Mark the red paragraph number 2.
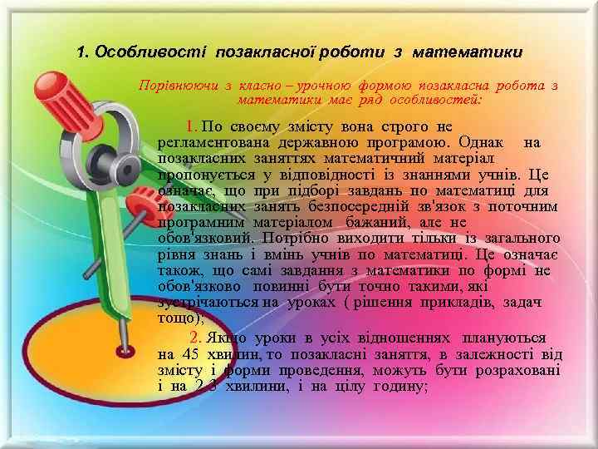click(x=194, y=338)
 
